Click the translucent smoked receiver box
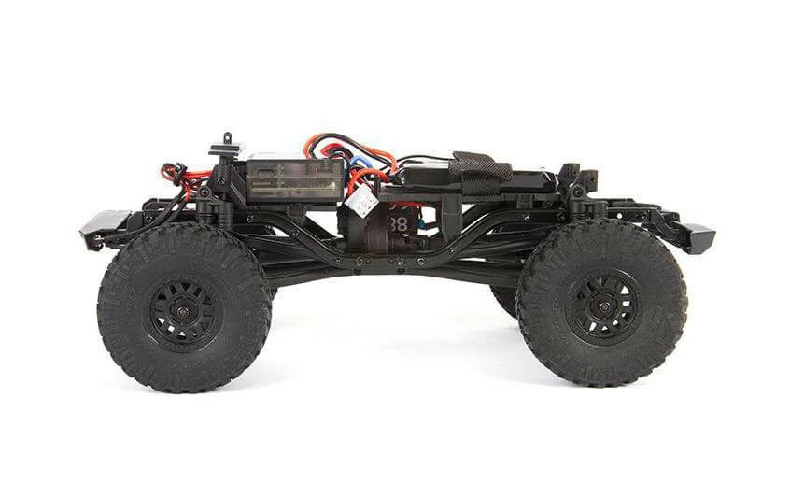tap(293, 179)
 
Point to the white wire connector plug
tap(363, 199)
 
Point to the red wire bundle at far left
tap(177, 176)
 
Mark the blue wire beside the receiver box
tap(358, 164)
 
